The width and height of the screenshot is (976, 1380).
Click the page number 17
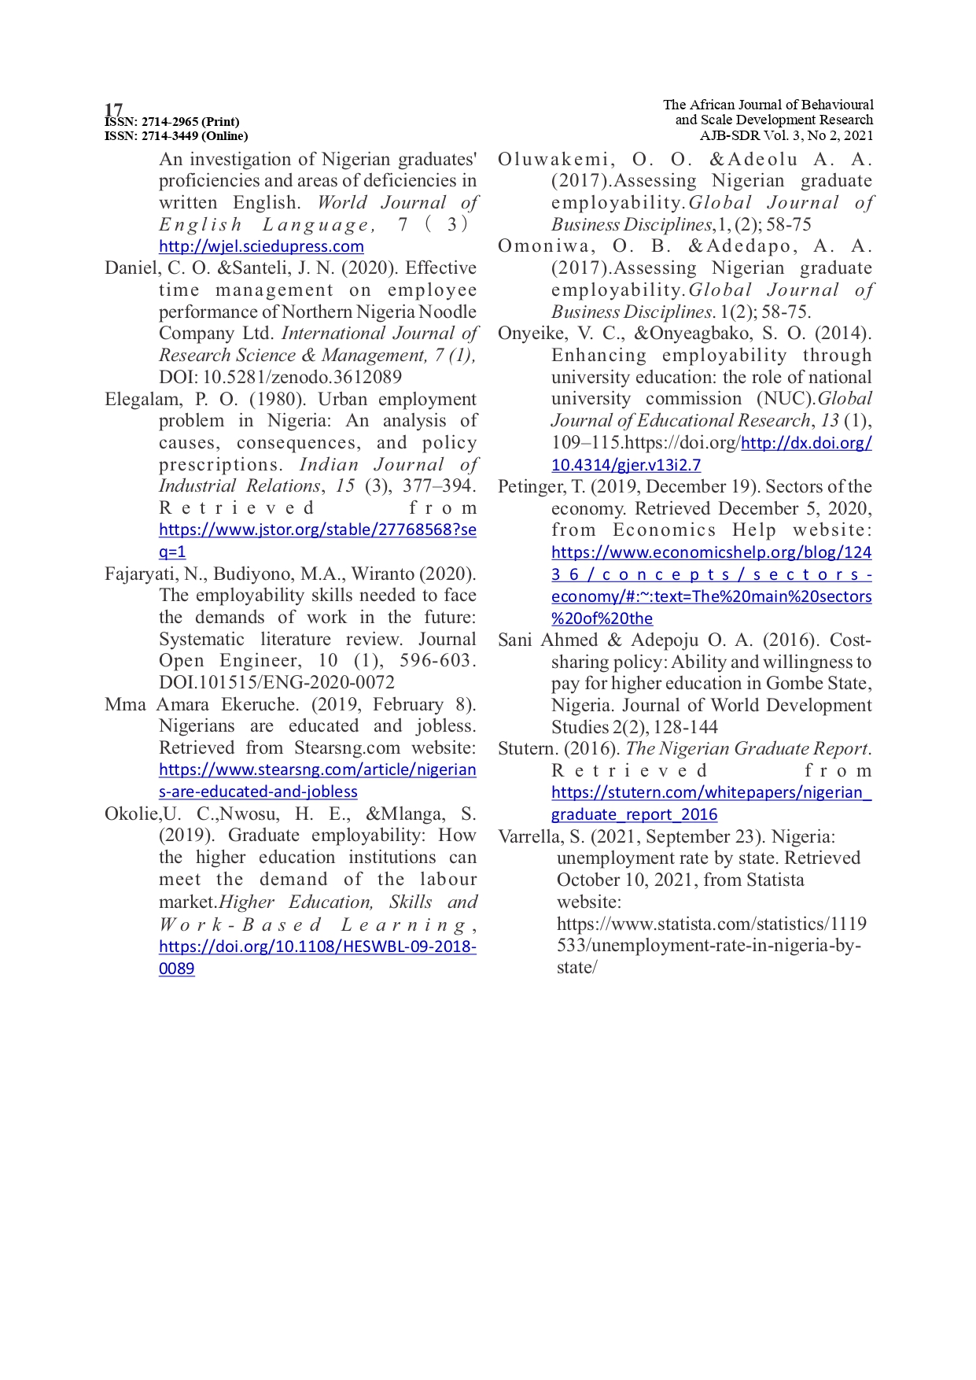pyautogui.click(x=113, y=109)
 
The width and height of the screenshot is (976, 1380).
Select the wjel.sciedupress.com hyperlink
pyautogui.click(x=261, y=246)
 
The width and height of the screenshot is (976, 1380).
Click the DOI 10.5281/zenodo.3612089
pyautogui.click(x=302, y=378)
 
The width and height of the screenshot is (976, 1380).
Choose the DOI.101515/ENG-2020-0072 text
pyautogui.click(x=277, y=683)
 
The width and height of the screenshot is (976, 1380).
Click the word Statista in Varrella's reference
pyautogui.click(x=775, y=880)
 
